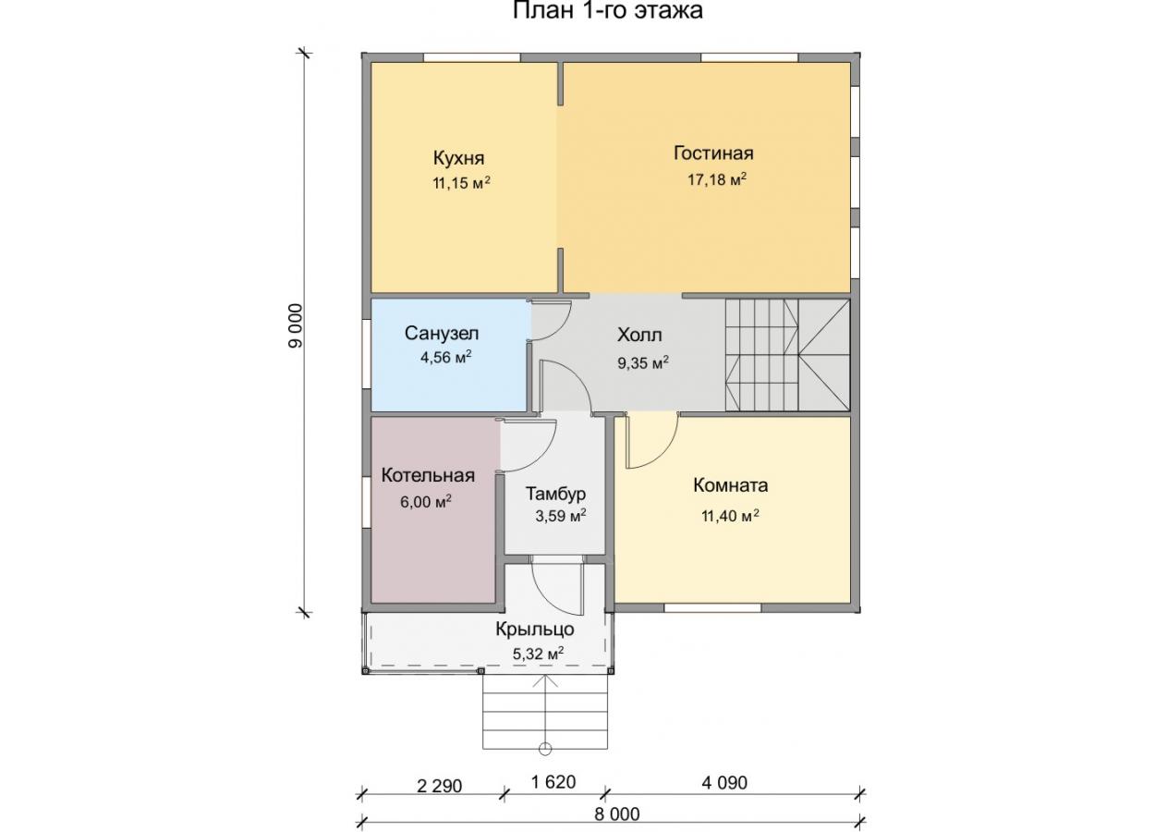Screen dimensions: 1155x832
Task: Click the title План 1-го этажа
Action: click(x=607, y=10)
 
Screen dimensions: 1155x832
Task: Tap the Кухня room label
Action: click(x=458, y=158)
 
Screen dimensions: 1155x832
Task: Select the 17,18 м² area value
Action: click(x=717, y=179)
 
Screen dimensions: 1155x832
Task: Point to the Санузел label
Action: click(x=442, y=333)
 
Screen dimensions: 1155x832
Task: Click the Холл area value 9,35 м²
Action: click(x=643, y=363)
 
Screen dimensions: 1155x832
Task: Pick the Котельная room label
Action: click(x=428, y=475)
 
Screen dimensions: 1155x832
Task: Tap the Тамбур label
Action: click(x=556, y=495)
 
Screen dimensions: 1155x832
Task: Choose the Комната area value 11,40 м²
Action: click(x=730, y=515)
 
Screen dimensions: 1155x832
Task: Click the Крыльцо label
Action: click(x=535, y=630)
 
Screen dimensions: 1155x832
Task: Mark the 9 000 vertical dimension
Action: click(x=296, y=325)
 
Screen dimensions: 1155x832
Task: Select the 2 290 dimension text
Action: click(x=439, y=787)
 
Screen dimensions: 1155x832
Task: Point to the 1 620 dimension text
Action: click(x=553, y=782)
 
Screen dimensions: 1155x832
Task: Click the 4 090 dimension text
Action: click(x=724, y=783)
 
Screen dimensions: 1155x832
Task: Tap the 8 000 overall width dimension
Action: click(x=617, y=814)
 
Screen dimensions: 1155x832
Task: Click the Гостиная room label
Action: click(x=713, y=153)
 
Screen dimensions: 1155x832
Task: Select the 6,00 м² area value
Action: click(x=426, y=501)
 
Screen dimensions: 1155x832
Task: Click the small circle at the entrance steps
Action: click(x=544, y=749)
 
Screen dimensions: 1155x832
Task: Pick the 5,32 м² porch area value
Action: click(x=538, y=655)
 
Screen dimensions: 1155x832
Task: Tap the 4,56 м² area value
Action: click(x=446, y=357)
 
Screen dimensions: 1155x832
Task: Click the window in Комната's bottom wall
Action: click(x=712, y=608)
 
